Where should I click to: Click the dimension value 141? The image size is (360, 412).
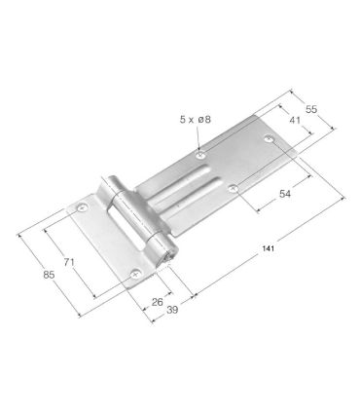[269, 249]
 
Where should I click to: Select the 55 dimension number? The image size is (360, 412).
[311, 109]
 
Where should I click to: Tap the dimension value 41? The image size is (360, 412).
[295, 121]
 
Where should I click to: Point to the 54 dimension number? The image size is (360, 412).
[285, 194]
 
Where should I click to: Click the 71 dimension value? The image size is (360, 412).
[69, 262]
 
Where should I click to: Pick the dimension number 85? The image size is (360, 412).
[49, 275]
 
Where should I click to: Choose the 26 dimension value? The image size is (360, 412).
[158, 302]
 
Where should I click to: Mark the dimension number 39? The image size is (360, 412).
[172, 310]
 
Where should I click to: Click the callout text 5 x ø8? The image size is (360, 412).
[196, 120]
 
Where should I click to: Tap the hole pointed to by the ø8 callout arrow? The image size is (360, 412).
[201, 155]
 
